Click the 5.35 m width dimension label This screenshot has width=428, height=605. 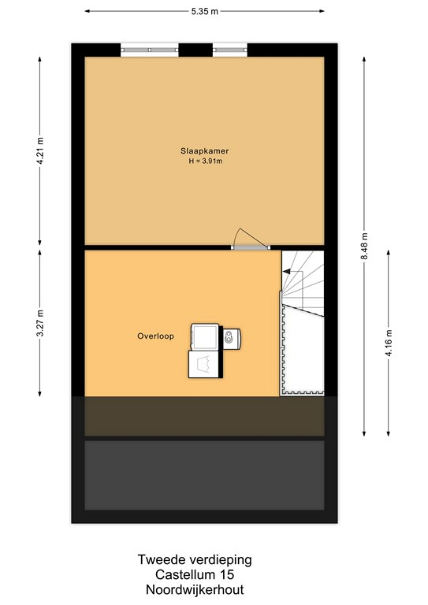205,11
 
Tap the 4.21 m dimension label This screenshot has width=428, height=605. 40,150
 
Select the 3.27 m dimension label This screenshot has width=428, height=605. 40,323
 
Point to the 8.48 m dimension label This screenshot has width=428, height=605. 364,246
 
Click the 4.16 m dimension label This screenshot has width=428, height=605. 389,343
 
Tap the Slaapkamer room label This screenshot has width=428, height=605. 205,151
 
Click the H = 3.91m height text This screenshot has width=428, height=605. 205,161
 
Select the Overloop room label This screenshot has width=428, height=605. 155,336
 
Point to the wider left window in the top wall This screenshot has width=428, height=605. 150,50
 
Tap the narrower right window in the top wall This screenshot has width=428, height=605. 229,50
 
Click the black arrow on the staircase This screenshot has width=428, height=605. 286,272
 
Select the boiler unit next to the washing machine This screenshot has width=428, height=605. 232,339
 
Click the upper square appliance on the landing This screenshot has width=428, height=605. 205,337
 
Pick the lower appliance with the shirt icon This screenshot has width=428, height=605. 205,364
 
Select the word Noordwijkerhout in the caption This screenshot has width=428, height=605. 195,589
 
